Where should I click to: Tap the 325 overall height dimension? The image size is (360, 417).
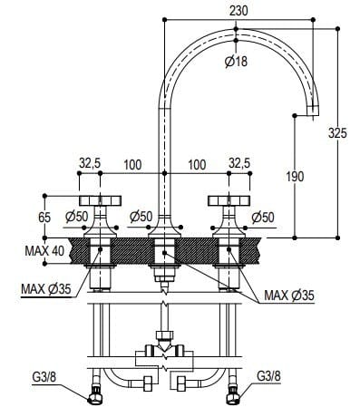[338, 132]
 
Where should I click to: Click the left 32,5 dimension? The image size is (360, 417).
[90, 163]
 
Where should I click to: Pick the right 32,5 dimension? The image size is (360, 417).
[240, 163]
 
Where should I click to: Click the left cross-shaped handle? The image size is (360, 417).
[97, 201]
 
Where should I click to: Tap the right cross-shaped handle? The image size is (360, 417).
[226, 201]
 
